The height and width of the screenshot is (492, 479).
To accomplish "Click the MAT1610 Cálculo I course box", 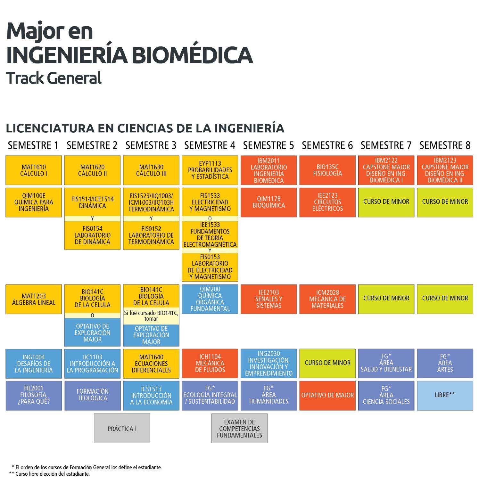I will [34, 170].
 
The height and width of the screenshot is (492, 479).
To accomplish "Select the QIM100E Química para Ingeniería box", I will [34, 202].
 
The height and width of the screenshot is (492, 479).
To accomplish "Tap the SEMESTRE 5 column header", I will [268, 145].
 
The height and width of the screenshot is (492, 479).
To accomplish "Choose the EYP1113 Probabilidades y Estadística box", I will [210, 170].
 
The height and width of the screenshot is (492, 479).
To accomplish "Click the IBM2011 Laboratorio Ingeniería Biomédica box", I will [268, 170].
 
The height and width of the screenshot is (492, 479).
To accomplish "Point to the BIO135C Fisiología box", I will [327, 170].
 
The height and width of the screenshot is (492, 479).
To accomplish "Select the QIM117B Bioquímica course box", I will [268, 202].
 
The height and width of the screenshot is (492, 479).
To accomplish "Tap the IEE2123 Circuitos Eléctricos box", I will [327, 202].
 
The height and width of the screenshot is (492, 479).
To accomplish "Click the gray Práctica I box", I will [122, 429].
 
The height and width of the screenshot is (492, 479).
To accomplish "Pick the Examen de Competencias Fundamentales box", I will [239, 429].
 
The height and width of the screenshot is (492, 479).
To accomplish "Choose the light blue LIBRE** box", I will [445, 395].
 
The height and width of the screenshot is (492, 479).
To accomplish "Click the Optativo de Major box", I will [327, 395].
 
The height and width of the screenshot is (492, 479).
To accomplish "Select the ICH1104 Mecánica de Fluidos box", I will [210, 363].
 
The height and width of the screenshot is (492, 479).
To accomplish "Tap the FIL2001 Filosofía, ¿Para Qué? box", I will [34, 395].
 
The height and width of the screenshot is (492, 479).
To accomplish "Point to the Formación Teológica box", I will [92, 395].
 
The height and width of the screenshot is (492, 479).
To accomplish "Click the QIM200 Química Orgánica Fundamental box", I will [210, 299].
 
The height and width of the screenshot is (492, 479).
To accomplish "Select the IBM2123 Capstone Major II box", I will [445, 170].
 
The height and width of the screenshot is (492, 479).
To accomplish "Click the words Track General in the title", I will [54, 78].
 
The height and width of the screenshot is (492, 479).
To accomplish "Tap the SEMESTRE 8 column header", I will [445, 145].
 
